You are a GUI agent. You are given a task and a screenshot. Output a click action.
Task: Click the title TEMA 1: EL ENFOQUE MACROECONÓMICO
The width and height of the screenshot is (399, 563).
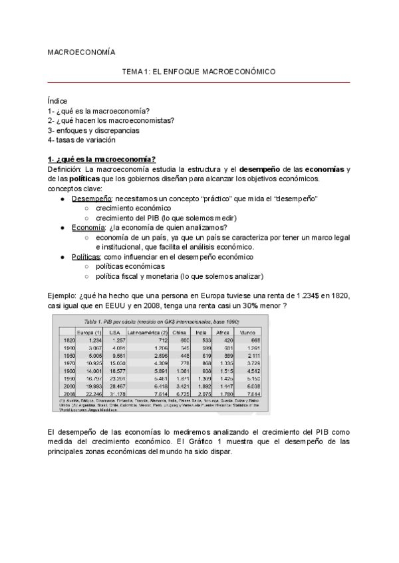pyautogui.click(x=199, y=71)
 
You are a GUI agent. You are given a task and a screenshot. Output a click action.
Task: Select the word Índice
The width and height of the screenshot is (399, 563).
pyautogui.click(x=58, y=101)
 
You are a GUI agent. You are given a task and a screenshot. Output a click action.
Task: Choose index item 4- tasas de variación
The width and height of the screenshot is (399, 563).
pyautogui.click(x=82, y=140)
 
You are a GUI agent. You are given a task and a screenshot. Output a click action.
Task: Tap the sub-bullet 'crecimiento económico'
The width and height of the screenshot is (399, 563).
pyautogui.click(x=132, y=208)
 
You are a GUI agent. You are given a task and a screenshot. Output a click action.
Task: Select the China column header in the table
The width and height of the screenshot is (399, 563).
pyautogui.click(x=178, y=331)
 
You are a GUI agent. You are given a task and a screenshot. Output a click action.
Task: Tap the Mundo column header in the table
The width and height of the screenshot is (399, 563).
pyautogui.click(x=247, y=331)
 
